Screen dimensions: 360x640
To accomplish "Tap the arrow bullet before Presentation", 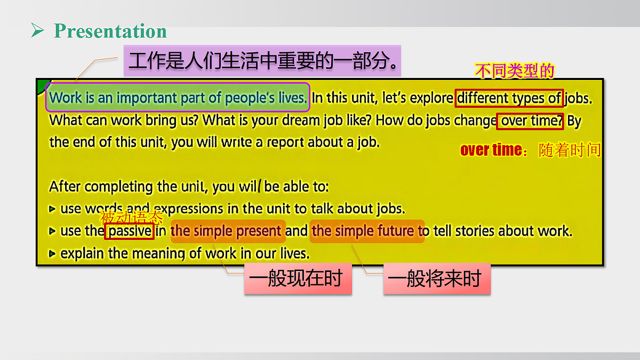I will (x=37, y=31).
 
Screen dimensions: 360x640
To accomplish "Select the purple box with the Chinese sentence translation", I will (x=262, y=60).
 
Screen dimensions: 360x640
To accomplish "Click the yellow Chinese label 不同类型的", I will (x=515, y=71).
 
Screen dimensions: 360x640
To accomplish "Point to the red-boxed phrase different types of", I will (x=509, y=98).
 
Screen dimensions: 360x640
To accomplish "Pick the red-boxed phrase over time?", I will (x=530, y=121).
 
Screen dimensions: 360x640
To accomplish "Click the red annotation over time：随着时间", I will (x=530, y=150).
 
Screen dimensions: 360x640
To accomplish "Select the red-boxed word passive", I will (x=130, y=231).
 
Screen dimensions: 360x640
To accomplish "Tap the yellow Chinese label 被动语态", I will (x=131, y=217).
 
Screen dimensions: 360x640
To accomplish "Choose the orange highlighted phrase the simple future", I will (x=367, y=231).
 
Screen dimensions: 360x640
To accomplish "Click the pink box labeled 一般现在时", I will (x=298, y=279).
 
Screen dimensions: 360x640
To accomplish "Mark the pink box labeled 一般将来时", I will (x=436, y=279).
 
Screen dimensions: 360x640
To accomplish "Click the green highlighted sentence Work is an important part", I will (x=178, y=98).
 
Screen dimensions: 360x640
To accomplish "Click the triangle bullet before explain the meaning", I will (x=52, y=254).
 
